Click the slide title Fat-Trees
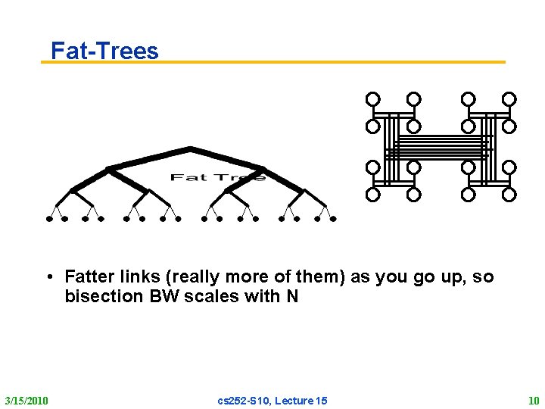coord(104,51)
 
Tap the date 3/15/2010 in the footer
coord(26,400)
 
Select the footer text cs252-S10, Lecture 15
coord(272,400)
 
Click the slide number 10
coord(534,400)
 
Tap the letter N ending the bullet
coord(292,296)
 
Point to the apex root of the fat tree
coord(190,148)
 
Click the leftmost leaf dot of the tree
coord(49,219)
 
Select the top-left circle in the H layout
coord(372,99)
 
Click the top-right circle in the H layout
coord(509,99)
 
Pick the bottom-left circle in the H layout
coord(372,195)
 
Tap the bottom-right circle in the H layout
coord(509,195)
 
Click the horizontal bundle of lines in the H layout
coord(441,147)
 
